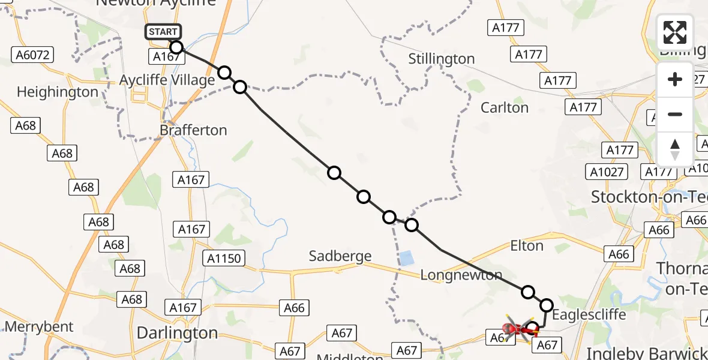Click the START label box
(x=163, y=32)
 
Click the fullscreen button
(x=675, y=32)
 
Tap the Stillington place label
(x=441, y=59)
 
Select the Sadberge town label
(x=340, y=256)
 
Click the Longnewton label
(x=461, y=275)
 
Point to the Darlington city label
(x=177, y=332)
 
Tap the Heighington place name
(x=58, y=92)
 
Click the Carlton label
(x=505, y=108)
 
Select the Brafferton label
(x=194, y=130)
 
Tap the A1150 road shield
(x=224, y=259)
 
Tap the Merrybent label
(x=39, y=327)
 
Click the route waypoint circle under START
(x=176, y=47)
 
